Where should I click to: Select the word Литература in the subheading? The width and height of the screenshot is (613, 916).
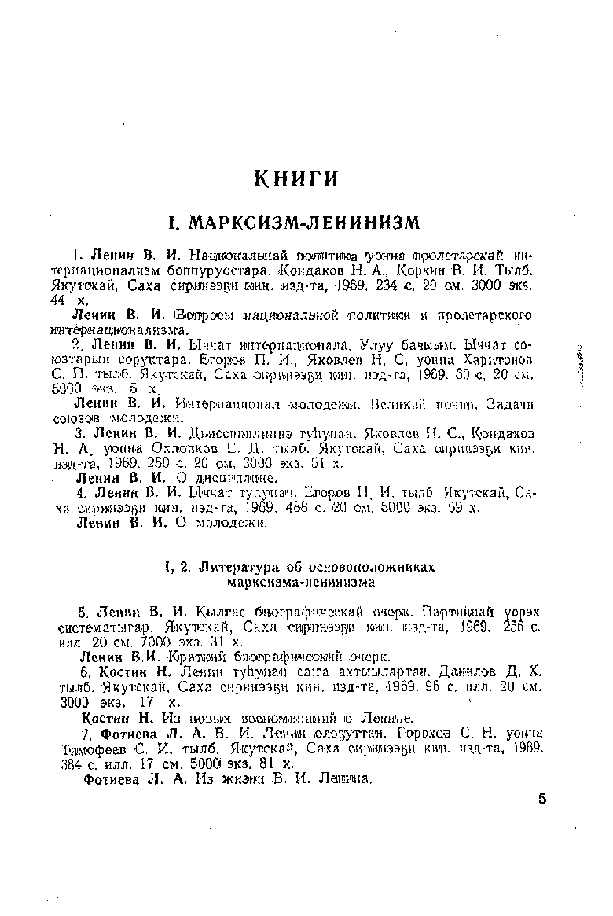[237, 566]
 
